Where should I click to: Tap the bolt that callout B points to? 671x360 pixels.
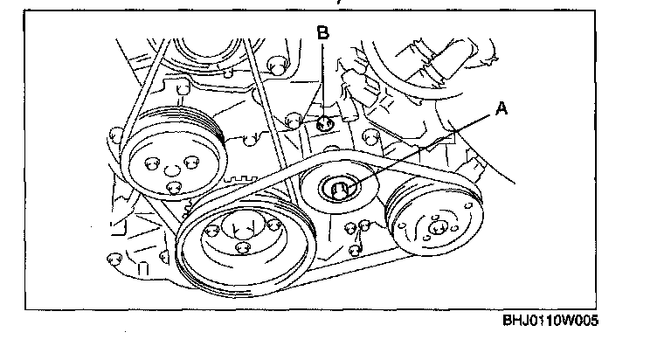pyautogui.click(x=325, y=123)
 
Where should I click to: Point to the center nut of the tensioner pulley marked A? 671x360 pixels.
pyautogui.click(x=339, y=187)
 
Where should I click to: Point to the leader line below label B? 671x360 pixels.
pyautogui.click(x=323, y=79)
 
